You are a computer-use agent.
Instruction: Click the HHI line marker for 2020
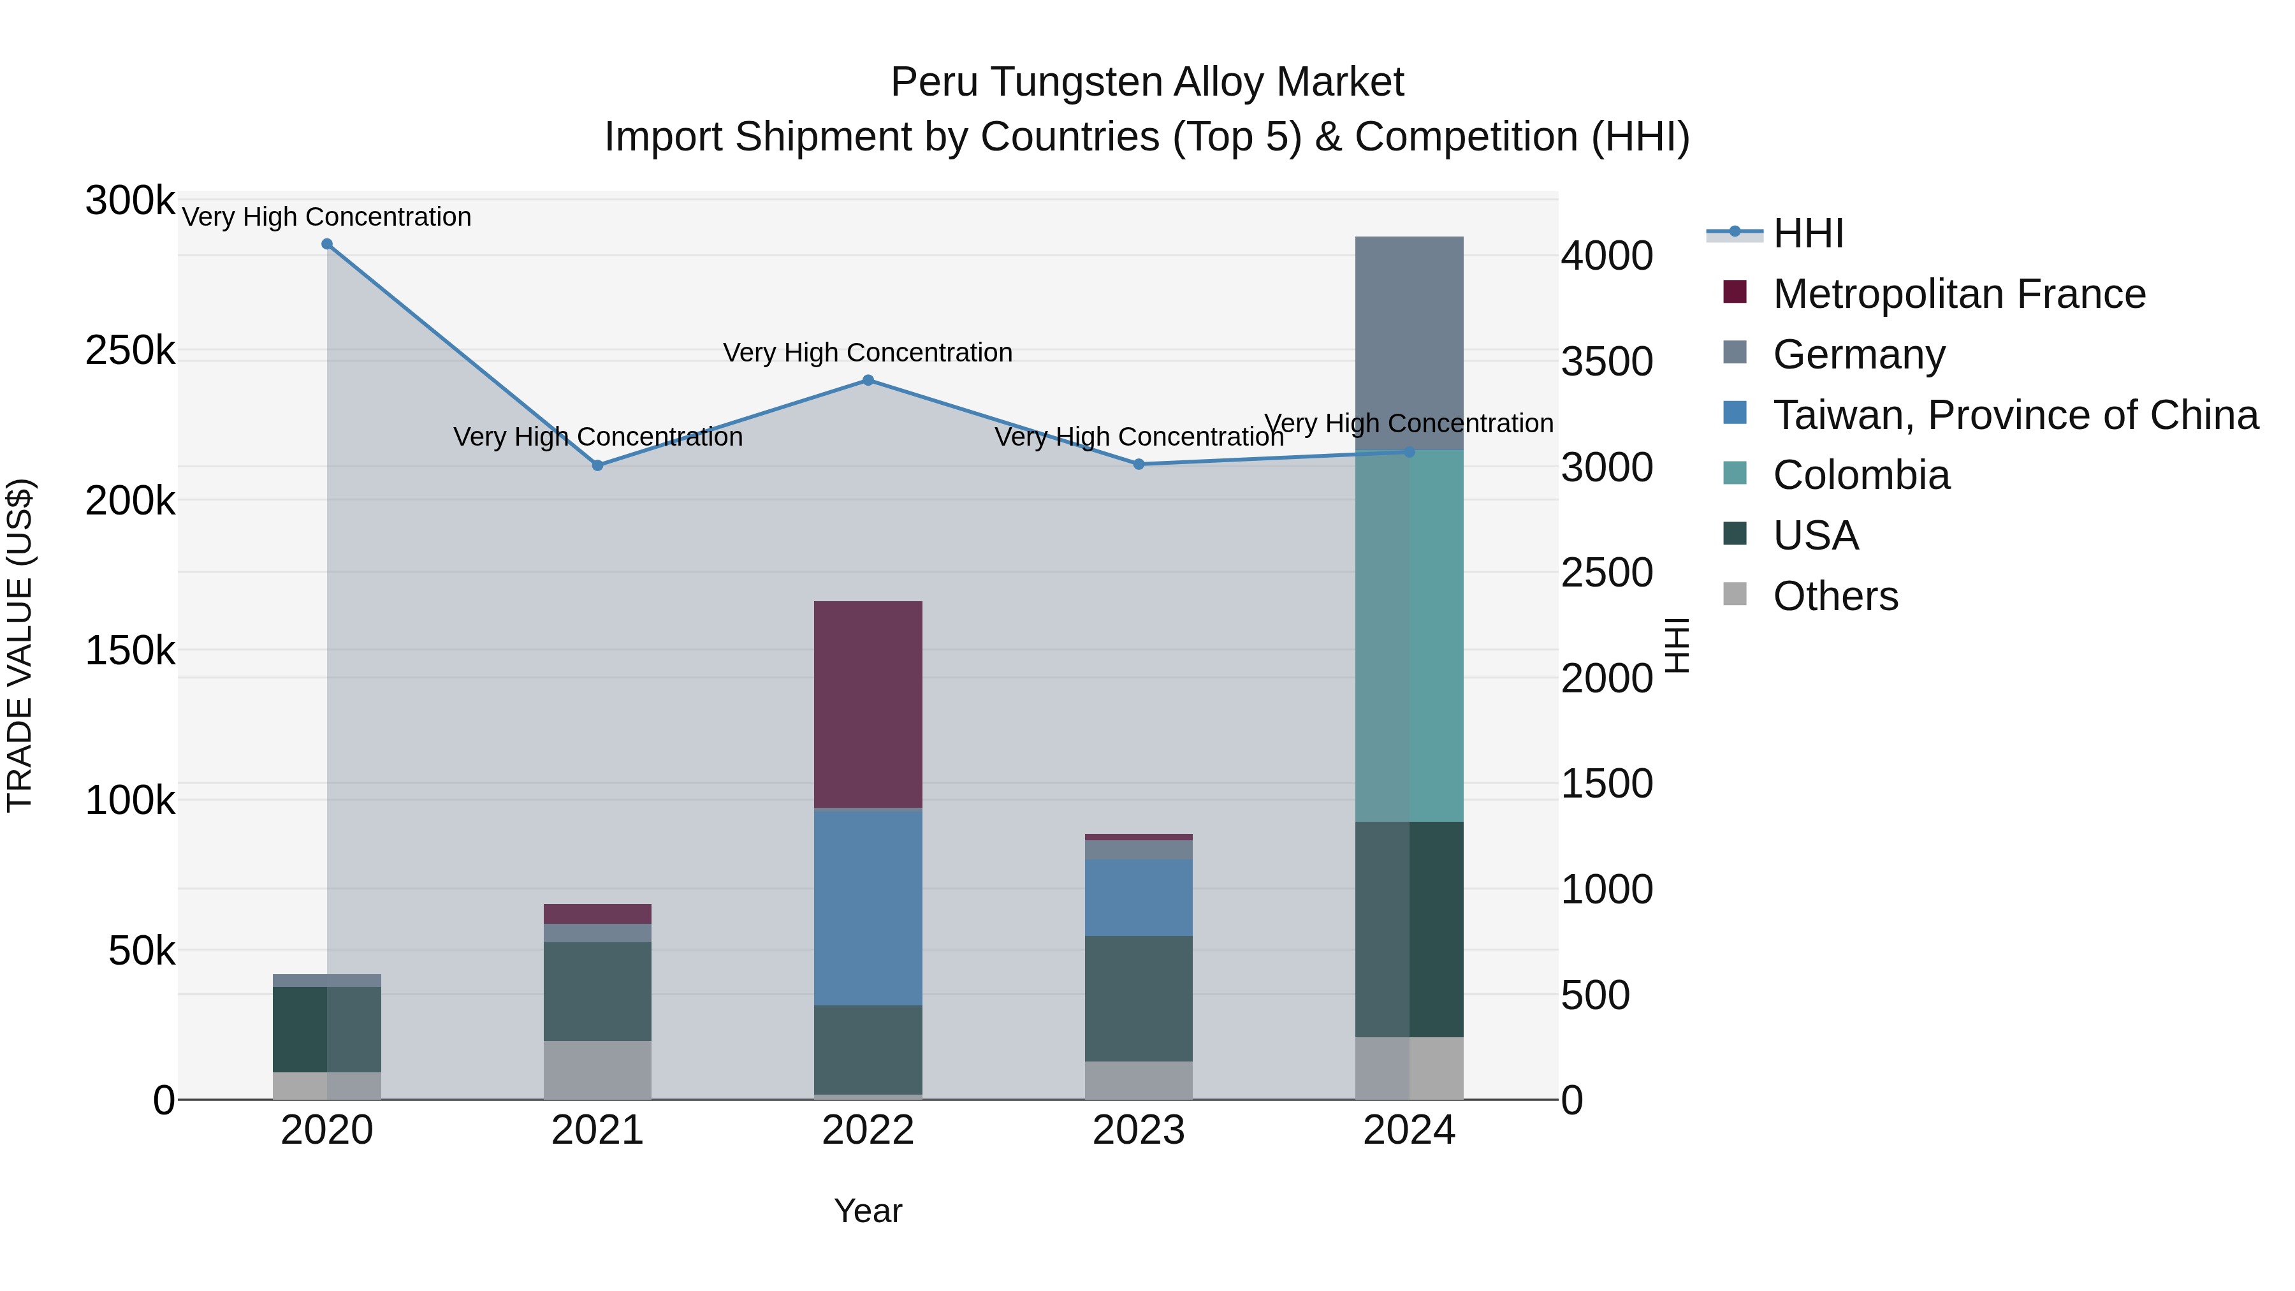(x=327, y=244)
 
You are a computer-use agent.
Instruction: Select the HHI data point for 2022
(x=868, y=381)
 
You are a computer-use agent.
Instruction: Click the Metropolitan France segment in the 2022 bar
(x=868, y=704)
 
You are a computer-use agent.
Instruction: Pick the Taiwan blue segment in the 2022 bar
(x=868, y=907)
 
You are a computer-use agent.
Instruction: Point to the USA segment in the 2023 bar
(x=1139, y=998)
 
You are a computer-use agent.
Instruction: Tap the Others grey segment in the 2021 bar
(x=597, y=1069)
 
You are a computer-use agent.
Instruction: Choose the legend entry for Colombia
(x=1861, y=475)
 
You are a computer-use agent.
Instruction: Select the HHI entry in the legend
(x=1808, y=233)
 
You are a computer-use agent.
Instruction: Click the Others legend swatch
(x=1735, y=594)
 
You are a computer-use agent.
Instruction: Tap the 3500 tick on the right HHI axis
(x=1606, y=361)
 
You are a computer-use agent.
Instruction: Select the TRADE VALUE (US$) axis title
(x=20, y=645)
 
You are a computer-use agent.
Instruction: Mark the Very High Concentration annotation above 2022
(x=868, y=353)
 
